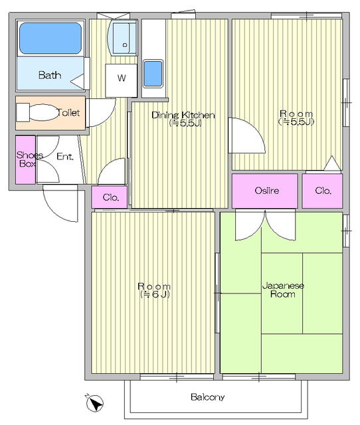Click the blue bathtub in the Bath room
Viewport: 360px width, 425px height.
50,39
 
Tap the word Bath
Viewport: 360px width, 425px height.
49,75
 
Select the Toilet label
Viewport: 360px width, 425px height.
68,113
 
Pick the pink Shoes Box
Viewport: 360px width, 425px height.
25,159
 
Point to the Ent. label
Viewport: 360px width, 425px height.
64,157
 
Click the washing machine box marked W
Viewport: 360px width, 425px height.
122,78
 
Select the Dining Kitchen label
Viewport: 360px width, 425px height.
183,119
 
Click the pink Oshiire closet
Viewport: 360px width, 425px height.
266,191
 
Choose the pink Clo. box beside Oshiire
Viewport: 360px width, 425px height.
323,191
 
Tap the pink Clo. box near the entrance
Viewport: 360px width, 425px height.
110,197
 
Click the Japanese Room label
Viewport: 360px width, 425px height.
282,290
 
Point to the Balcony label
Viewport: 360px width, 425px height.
208,398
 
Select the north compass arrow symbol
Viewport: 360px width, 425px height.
95,402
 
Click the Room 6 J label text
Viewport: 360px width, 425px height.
154,290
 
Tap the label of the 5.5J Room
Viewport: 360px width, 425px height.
296,118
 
